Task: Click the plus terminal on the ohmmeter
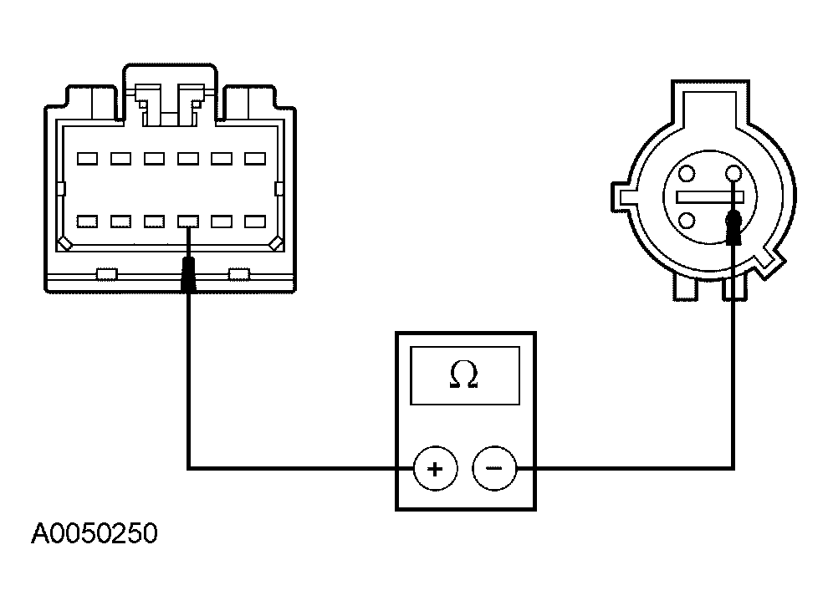click(x=435, y=468)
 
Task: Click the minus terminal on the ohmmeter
click(x=494, y=468)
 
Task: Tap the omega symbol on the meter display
click(x=464, y=375)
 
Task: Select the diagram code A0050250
click(x=95, y=533)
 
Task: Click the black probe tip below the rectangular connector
click(x=188, y=274)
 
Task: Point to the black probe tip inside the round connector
click(x=733, y=227)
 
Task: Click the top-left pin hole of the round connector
click(x=687, y=173)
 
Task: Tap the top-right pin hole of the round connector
click(x=734, y=173)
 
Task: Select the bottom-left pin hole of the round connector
click(x=687, y=220)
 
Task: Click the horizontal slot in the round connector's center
click(x=710, y=197)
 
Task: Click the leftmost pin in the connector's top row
click(x=87, y=158)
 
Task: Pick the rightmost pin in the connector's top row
click(x=255, y=158)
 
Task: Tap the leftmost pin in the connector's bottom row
click(x=87, y=222)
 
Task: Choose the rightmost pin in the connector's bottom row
click(x=255, y=222)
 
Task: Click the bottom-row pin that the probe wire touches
click(x=188, y=222)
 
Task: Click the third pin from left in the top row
click(x=154, y=158)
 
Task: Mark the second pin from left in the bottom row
click(x=121, y=222)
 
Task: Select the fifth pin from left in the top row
click(x=222, y=158)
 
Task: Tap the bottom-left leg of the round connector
click(x=686, y=288)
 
